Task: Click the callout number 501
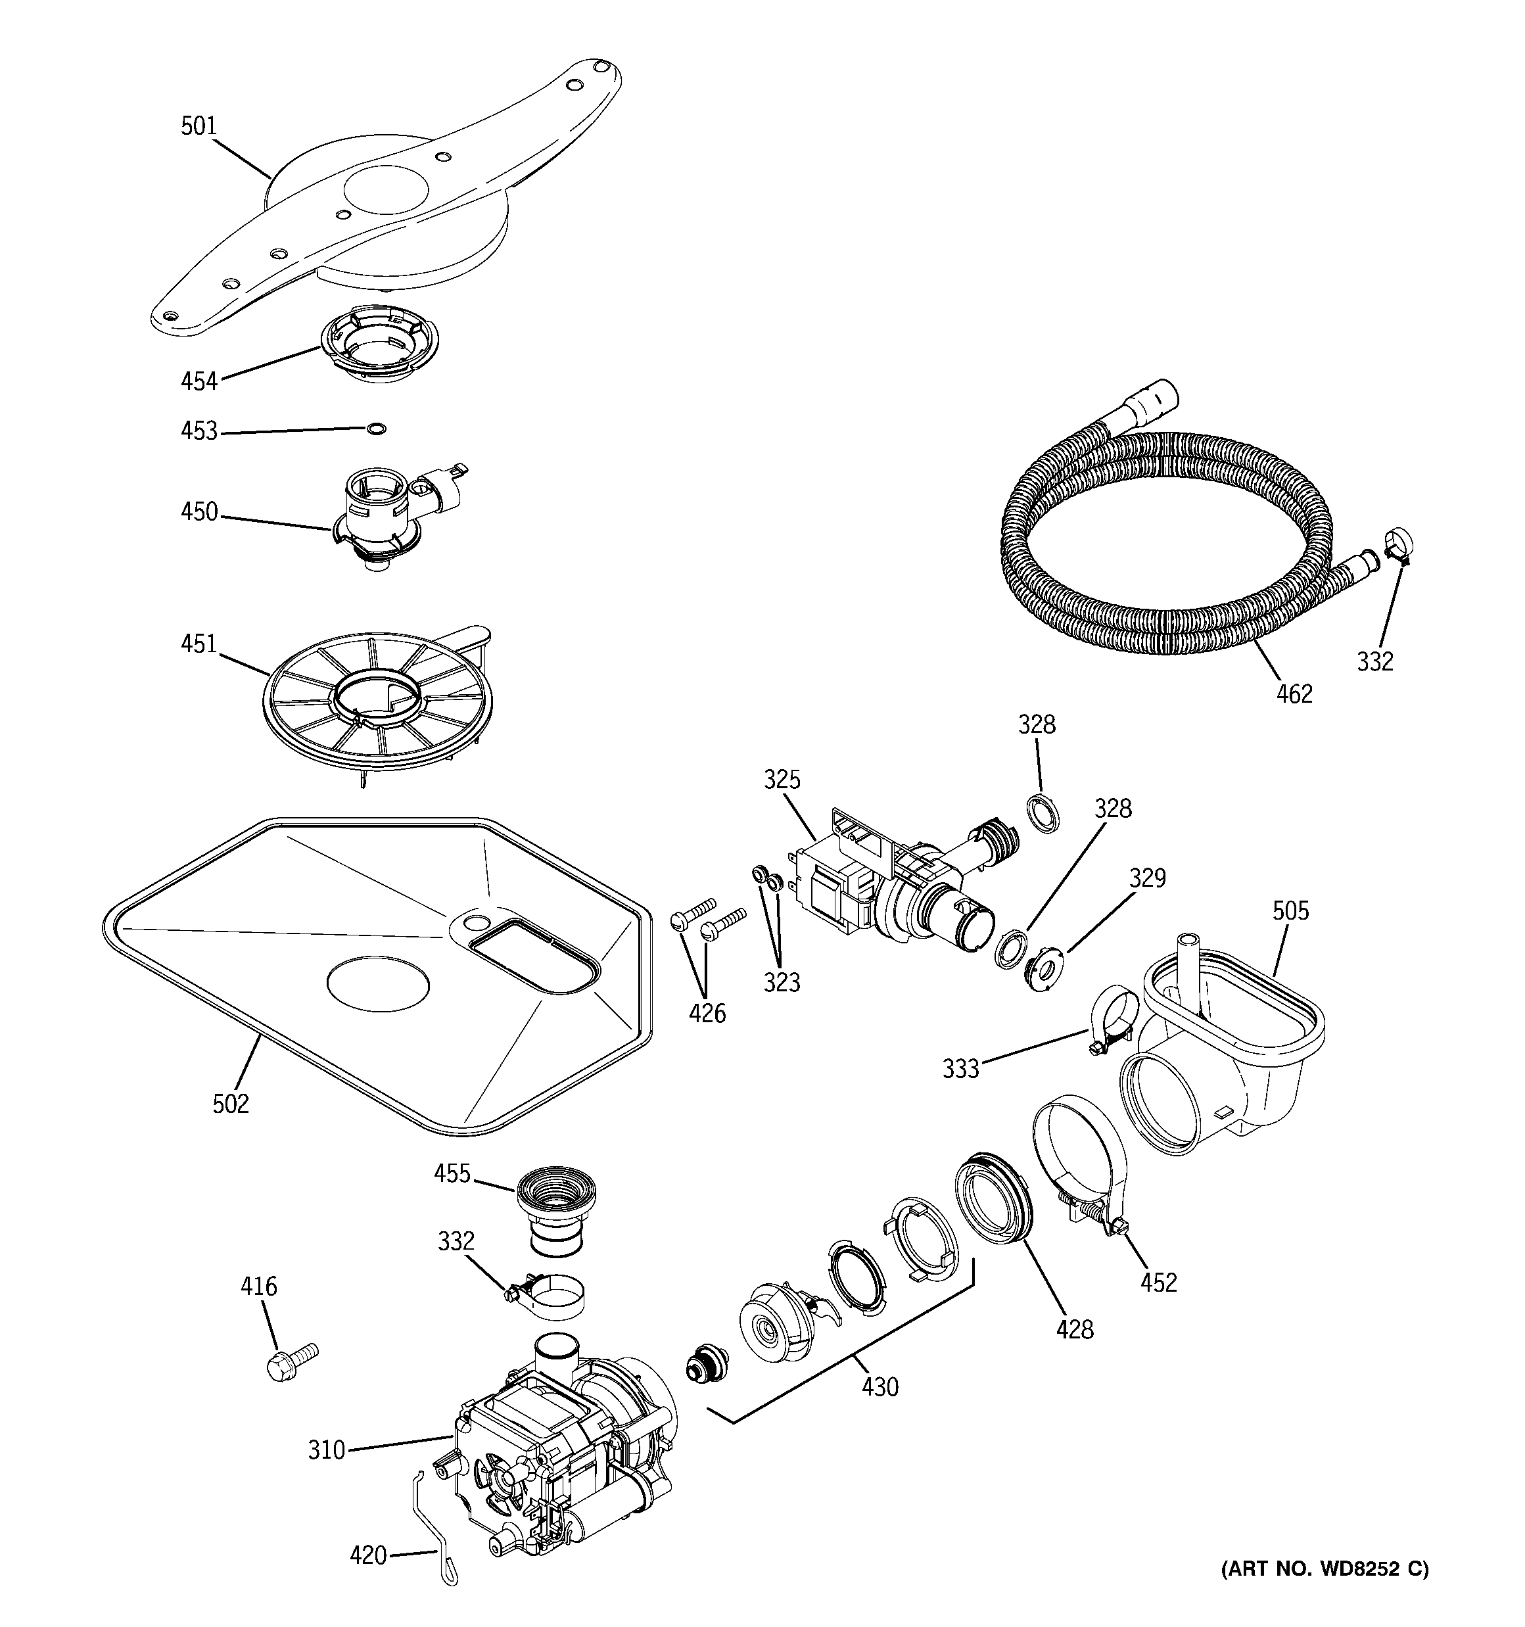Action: (x=199, y=126)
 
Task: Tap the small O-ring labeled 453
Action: (x=376, y=428)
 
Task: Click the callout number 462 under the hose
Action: (x=1294, y=694)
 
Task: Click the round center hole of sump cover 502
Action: (x=377, y=982)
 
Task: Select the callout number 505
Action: (x=1291, y=910)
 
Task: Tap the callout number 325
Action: (x=782, y=780)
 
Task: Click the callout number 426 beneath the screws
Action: (x=707, y=1013)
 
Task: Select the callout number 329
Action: (x=1148, y=878)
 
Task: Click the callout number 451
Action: (x=199, y=644)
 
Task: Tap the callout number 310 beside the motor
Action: (x=327, y=1450)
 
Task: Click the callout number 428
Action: (x=1075, y=1330)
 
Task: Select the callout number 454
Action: (x=199, y=381)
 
